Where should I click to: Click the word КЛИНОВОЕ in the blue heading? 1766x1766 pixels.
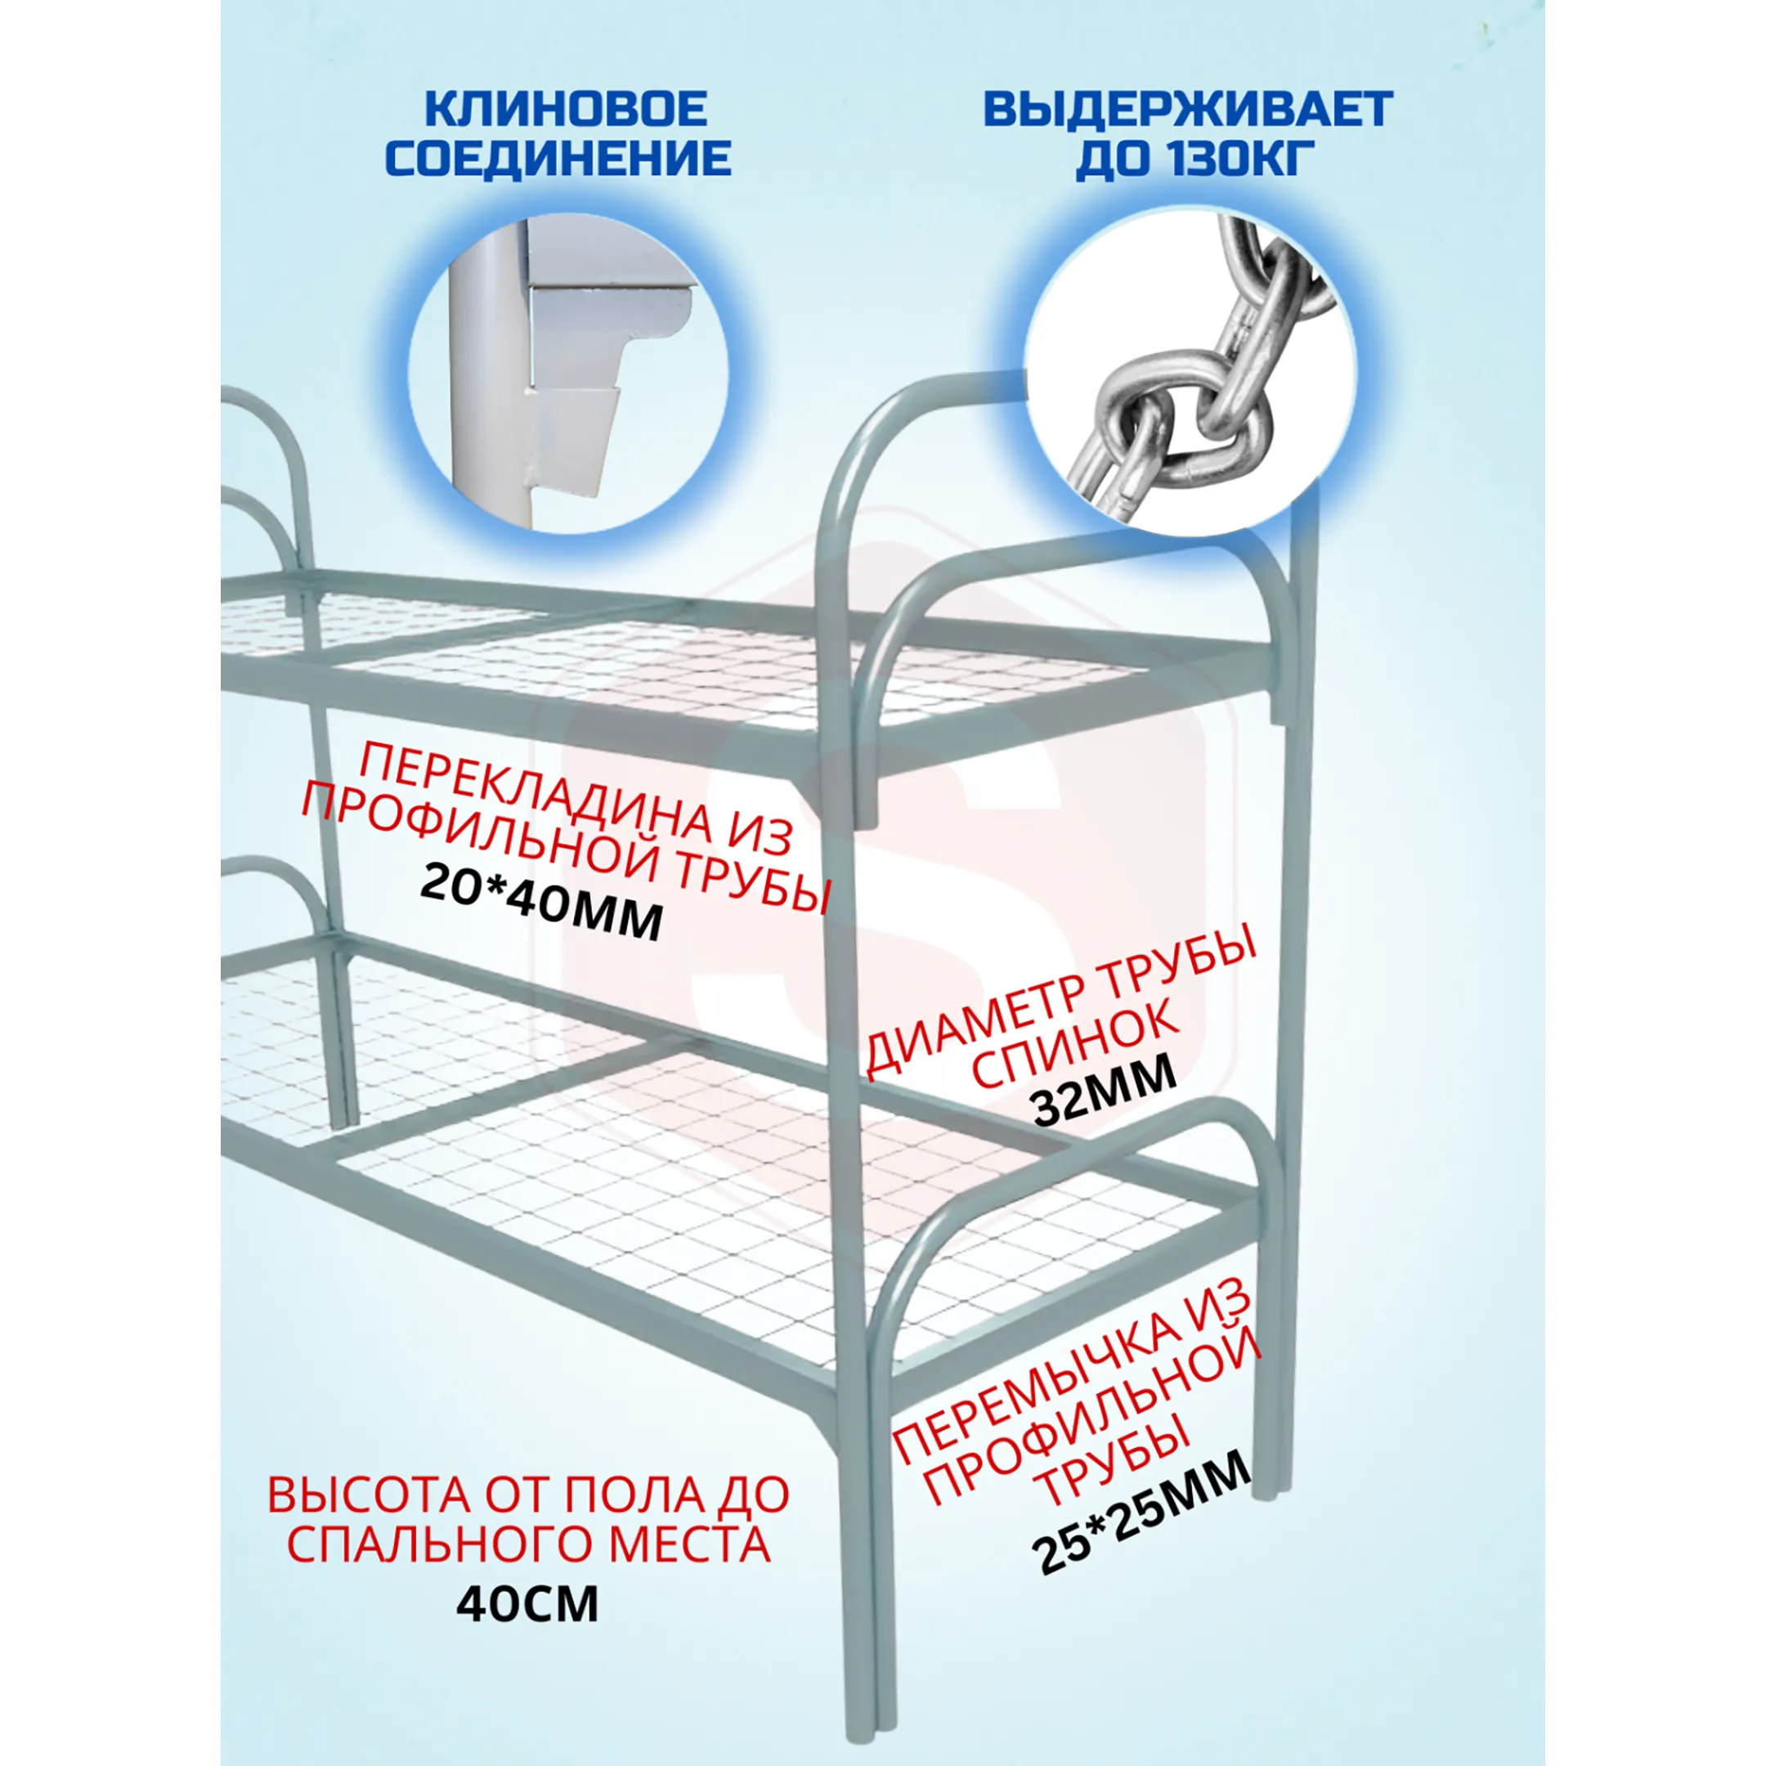[x=567, y=109]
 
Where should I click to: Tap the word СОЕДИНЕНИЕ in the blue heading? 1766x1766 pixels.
[x=558, y=158]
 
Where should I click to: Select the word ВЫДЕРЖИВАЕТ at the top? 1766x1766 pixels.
[x=1188, y=109]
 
